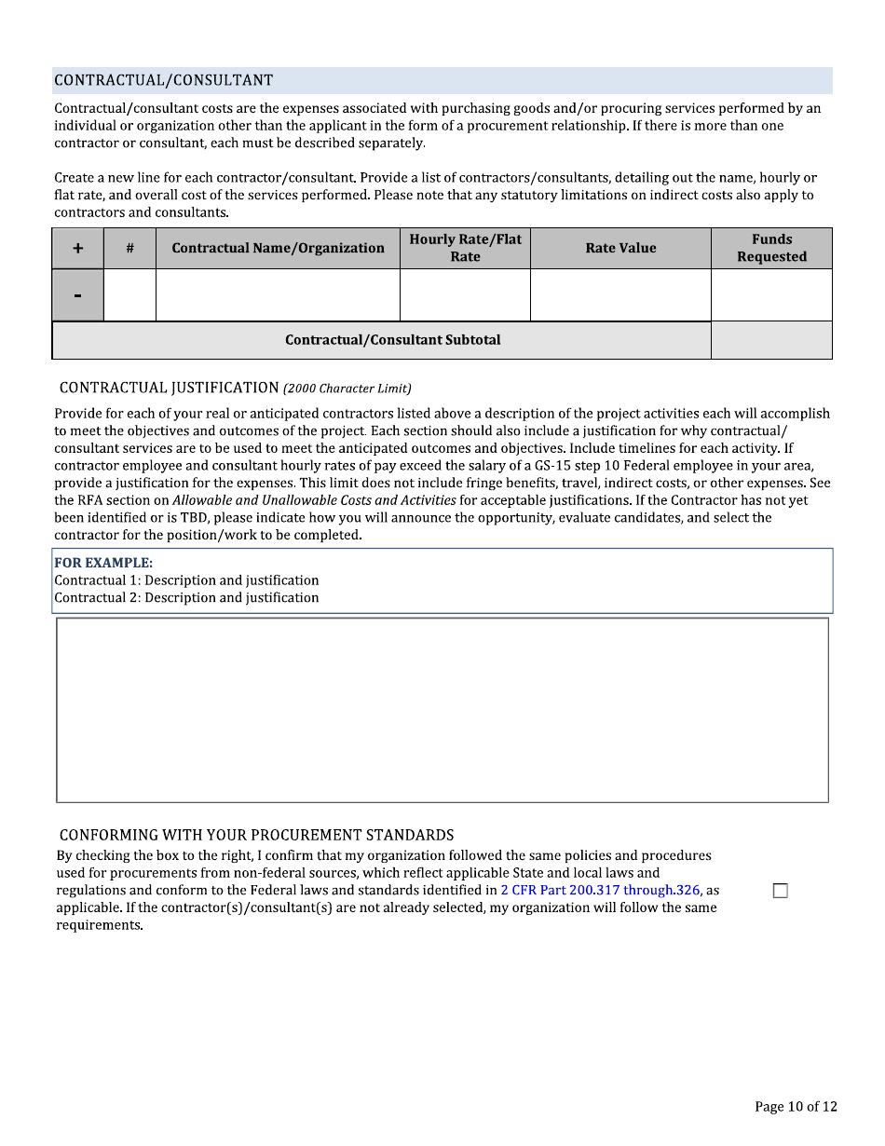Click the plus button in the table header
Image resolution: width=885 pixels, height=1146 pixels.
[77, 249]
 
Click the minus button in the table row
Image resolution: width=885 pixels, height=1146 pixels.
[77, 295]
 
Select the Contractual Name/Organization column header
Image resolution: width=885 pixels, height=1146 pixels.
[278, 249]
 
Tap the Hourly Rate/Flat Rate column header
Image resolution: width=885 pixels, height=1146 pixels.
[465, 249]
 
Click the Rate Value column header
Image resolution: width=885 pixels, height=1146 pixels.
[620, 249]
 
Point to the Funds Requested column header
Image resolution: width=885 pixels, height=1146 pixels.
[771, 249]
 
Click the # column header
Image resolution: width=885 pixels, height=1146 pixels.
[129, 249]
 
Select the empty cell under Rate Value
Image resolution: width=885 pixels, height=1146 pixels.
[620, 295]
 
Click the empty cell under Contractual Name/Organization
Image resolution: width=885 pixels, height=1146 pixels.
[278, 295]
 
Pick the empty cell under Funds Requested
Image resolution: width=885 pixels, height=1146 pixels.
[771, 295]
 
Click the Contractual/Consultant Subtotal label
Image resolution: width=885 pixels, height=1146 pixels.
[392, 340]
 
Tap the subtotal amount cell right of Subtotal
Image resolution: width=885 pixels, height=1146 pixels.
[771, 340]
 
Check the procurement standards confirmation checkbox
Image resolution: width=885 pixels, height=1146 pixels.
[781, 891]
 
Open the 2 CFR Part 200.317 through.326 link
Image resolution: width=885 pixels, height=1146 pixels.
[600, 890]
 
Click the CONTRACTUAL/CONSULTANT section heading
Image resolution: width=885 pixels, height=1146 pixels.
[164, 81]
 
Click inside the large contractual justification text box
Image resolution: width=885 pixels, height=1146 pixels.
[442, 709]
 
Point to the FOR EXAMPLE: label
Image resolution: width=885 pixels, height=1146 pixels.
[103, 563]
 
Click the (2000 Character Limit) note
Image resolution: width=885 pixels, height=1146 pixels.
[347, 389]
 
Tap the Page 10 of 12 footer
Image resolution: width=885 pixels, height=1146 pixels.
[796, 1107]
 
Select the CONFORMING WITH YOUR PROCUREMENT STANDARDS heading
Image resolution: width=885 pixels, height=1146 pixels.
[257, 835]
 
